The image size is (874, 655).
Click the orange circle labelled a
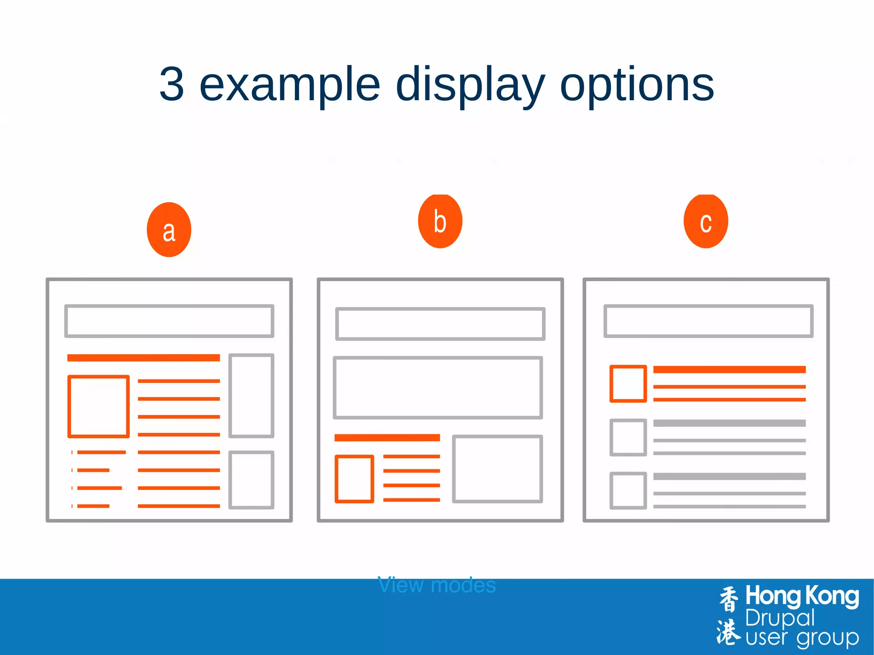(169, 230)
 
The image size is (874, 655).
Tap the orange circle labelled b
(440, 221)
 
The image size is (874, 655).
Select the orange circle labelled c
(706, 221)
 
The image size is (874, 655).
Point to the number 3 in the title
(172, 85)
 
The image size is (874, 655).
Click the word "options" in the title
(637, 85)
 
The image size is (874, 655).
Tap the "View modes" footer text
(437, 585)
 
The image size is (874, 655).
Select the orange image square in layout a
(99, 406)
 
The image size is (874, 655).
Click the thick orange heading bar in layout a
(143, 358)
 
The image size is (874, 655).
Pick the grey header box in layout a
(169, 321)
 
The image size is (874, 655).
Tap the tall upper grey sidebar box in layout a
(251, 396)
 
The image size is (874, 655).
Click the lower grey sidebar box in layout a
(251, 480)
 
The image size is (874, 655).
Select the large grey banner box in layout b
(438, 387)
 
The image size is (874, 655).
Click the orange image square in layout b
(354, 479)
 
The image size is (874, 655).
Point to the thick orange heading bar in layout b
(387, 437)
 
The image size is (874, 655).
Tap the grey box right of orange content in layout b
(498, 469)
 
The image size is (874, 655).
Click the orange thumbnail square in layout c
(628, 384)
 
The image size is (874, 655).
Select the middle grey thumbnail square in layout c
(628, 437)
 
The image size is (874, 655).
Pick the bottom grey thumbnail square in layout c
(628, 490)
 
